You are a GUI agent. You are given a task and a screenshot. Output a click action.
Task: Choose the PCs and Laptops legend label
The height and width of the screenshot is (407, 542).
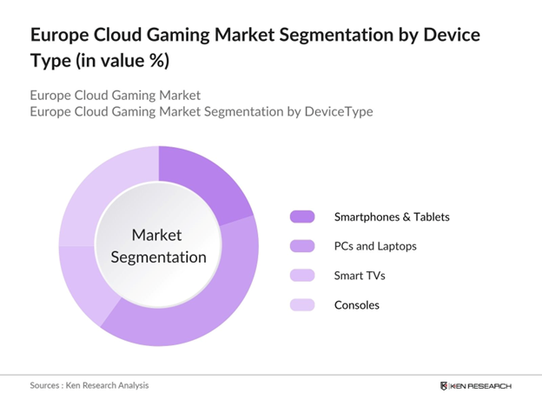(375, 246)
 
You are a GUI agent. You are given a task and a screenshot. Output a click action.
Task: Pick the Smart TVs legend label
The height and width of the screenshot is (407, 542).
(359, 276)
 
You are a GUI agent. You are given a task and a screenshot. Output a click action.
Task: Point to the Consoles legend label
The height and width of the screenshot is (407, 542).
(357, 305)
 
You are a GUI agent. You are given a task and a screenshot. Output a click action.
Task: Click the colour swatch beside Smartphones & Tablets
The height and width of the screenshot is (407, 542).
(301, 217)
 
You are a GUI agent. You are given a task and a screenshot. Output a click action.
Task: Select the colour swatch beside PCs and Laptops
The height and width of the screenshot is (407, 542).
(301, 246)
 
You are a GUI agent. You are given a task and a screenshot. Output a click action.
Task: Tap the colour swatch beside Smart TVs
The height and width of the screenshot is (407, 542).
(301, 276)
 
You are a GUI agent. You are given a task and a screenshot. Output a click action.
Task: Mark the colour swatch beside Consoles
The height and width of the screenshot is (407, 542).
(301, 305)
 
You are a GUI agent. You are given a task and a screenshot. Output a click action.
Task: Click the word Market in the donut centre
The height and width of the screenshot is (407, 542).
(157, 236)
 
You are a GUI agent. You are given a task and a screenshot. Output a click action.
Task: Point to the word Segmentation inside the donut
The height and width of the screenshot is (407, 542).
(157, 257)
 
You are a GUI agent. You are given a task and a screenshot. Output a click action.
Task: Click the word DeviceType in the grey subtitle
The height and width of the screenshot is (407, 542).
(334, 112)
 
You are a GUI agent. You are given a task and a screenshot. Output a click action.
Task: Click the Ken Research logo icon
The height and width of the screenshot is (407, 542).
(445, 385)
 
